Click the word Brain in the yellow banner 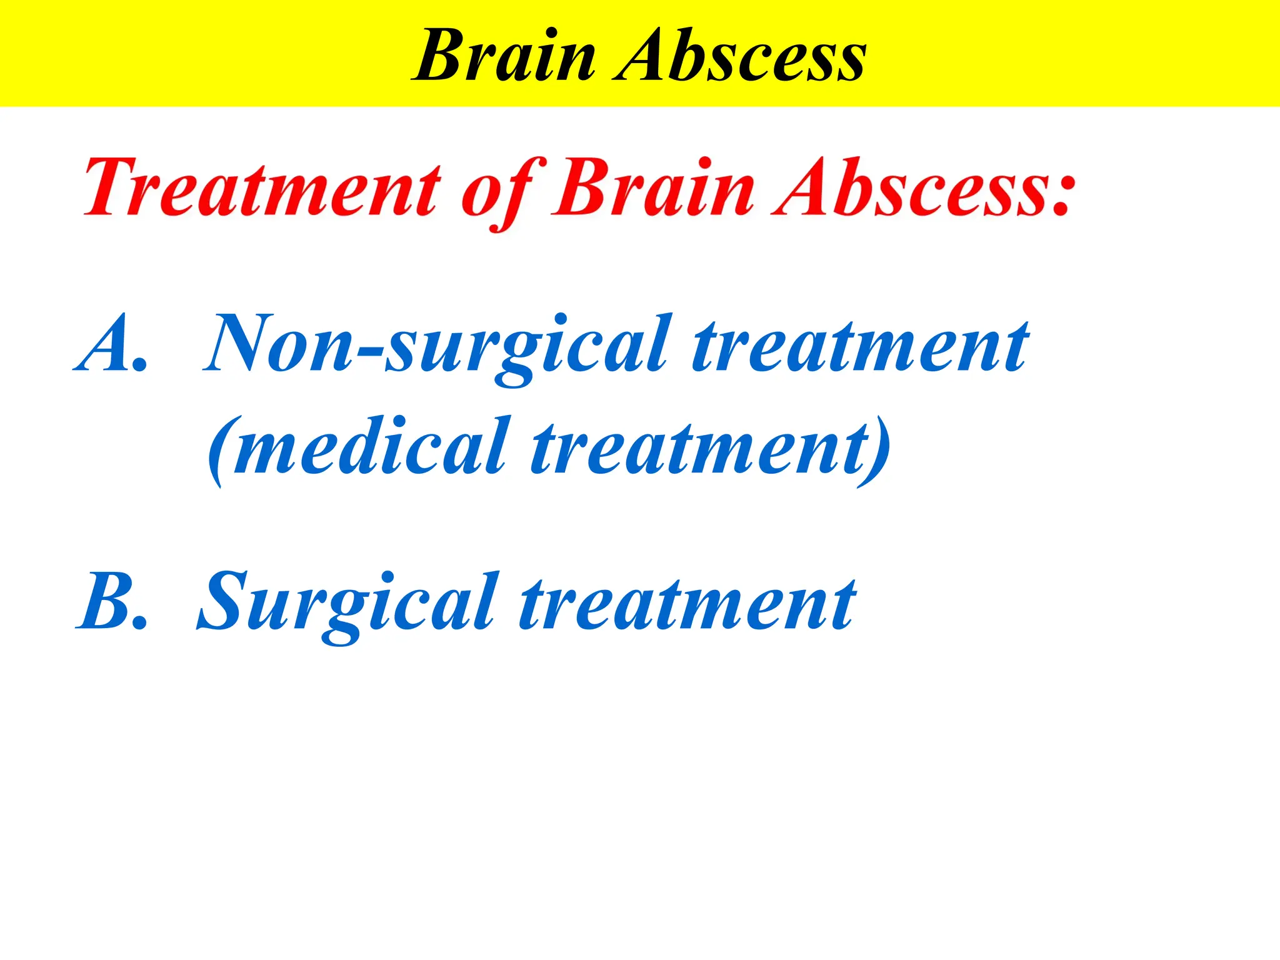pos(505,56)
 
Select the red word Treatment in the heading pos(262,187)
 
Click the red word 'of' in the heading pos(500,191)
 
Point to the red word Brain pos(653,187)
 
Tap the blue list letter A pos(103,344)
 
